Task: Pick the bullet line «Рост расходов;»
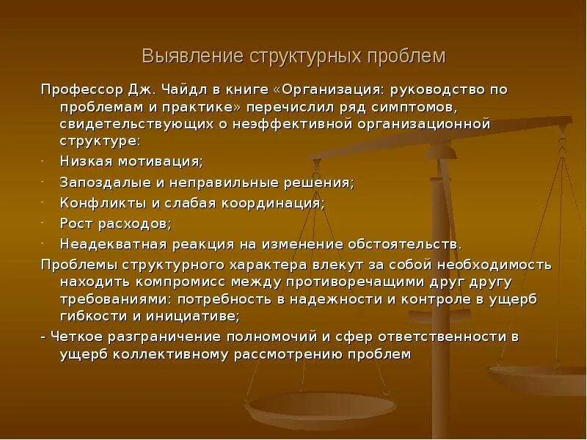tap(116, 223)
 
